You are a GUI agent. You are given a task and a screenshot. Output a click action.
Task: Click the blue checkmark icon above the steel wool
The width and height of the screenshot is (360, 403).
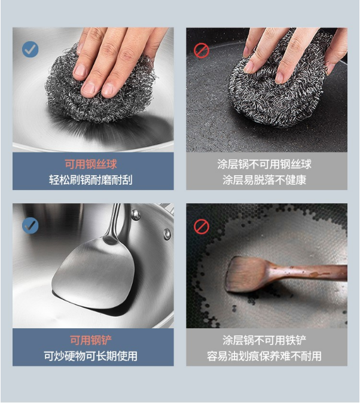coord(30,49)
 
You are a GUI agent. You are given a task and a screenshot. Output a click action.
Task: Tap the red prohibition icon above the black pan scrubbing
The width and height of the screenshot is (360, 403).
coord(201,50)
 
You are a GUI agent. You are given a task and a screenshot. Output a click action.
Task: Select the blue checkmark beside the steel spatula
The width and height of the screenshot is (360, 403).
coord(30,225)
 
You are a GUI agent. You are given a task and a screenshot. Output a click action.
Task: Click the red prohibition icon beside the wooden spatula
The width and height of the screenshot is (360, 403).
coord(201,227)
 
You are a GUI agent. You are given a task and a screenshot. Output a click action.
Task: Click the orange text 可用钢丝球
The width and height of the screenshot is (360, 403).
coord(91,164)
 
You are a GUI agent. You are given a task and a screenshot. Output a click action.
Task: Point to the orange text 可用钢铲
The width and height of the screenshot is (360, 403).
coord(91,340)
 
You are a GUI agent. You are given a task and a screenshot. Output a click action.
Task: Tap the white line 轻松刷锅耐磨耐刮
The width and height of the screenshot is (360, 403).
coord(91,179)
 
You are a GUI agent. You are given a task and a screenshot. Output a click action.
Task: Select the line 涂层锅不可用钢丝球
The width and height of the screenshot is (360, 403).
coord(264,164)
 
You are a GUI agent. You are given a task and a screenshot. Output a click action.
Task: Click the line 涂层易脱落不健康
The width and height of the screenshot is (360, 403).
coord(264,179)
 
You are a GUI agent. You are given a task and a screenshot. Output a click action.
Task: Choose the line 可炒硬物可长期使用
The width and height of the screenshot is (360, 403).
coord(91,356)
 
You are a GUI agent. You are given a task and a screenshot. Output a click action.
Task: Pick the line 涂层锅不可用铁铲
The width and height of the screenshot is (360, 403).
coord(264,340)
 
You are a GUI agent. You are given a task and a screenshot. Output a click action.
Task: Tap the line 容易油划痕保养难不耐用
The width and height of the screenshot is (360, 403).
coord(264,356)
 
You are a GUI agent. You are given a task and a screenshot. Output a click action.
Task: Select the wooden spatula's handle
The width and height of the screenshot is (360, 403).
coord(309,273)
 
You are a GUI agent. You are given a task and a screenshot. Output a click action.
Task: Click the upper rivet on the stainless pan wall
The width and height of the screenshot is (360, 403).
coord(136,214)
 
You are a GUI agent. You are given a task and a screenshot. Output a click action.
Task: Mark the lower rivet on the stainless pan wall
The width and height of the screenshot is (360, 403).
coord(167,234)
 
